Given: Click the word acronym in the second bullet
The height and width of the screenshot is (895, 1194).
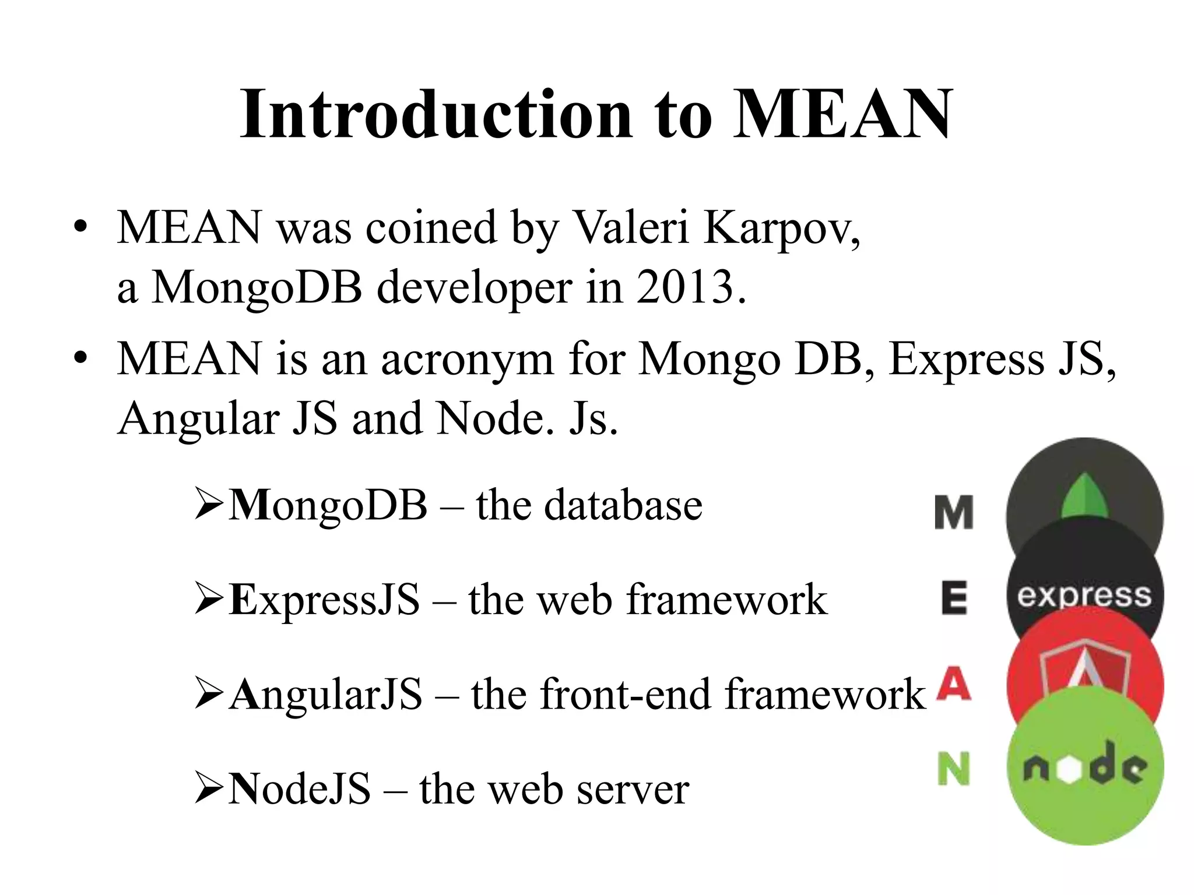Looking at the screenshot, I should click(x=466, y=360).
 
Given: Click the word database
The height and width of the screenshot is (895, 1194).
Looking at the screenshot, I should click(x=623, y=505).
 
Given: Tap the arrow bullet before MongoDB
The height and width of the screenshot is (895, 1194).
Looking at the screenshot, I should click(x=209, y=505).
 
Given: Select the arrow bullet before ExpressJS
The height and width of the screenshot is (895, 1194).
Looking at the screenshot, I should click(x=209, y=600).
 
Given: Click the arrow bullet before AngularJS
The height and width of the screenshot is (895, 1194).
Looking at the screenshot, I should click(x=209, y=695).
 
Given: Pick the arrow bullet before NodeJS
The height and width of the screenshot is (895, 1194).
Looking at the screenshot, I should click(x=209, y=789).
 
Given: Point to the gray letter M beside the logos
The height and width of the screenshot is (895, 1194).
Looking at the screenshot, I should click(x=954, y=513).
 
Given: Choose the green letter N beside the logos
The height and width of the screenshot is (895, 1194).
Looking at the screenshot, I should click(x=954, y=769).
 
